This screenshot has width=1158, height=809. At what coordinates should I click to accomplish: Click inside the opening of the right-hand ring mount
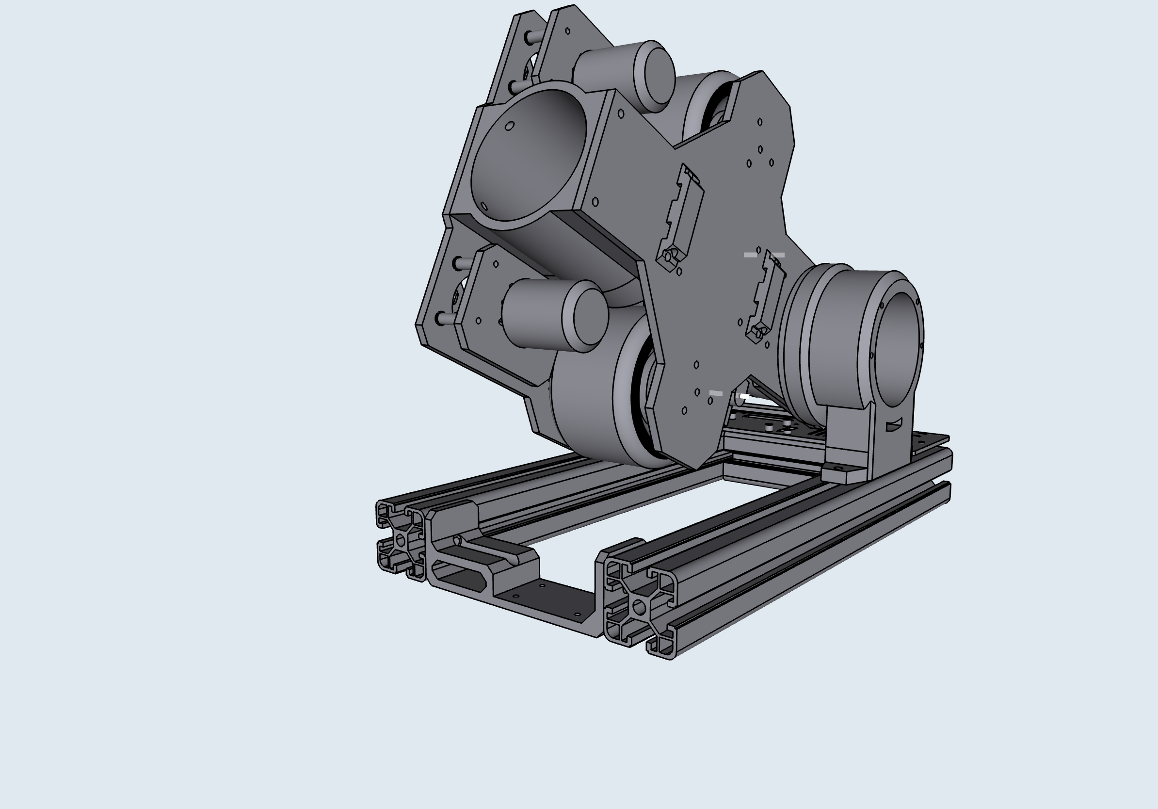898,348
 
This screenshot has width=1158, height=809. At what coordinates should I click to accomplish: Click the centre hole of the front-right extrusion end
639,607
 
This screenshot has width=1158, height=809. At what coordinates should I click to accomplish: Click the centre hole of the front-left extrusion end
401,541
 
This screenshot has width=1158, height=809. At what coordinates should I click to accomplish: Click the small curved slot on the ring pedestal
893,426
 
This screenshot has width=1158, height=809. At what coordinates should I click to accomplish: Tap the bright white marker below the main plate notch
743,396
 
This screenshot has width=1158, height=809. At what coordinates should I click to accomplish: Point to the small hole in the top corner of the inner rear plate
567,31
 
